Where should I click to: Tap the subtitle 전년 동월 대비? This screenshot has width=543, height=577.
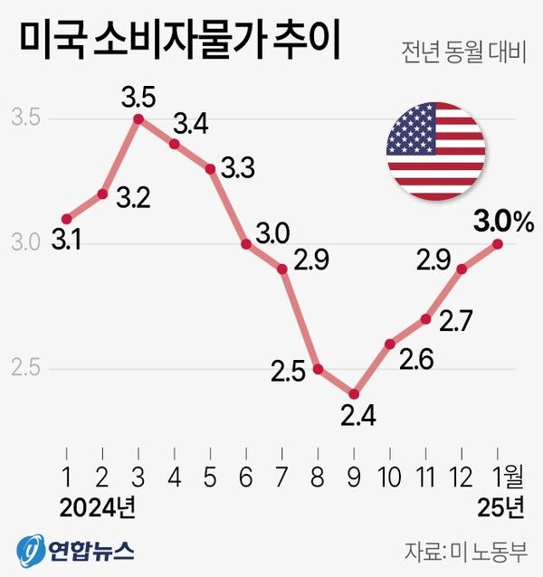coord(462,52)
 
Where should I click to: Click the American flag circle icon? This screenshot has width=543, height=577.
coord(435,152)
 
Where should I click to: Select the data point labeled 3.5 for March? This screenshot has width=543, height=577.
coord(138,118)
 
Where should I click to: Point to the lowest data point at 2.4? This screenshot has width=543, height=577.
coord(354,394)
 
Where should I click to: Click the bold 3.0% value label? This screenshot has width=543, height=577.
coord(502,220)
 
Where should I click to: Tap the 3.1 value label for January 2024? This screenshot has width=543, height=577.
coord(65,241)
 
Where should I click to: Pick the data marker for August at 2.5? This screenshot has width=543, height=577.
coord(318,369)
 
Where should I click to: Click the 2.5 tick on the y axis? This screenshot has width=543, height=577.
coord(25,369)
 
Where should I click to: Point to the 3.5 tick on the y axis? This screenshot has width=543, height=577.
coord(25,118)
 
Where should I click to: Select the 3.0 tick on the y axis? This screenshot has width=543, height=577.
coord(25,243)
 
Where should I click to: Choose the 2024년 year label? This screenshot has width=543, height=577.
coord(97,508)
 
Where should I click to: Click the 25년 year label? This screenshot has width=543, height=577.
coord(500,508)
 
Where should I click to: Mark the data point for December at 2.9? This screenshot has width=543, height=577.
coord(462,269)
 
